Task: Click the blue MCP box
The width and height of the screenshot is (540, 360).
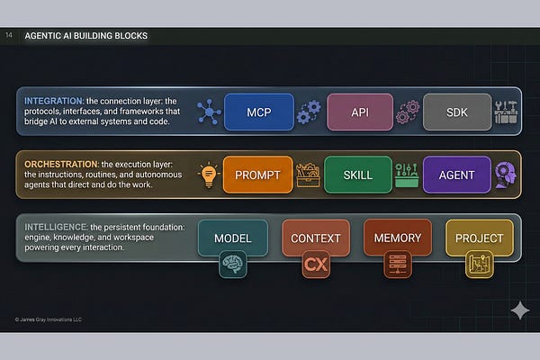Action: click(259, 112)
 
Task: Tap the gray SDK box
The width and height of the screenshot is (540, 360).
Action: click(457, 112)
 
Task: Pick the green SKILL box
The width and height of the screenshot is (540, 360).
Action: click(358, 175)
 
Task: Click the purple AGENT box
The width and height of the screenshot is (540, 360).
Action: click(457, 175)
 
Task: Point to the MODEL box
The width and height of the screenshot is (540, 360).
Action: click(232, 238)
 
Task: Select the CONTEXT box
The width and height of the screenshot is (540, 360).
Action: click(316, 238)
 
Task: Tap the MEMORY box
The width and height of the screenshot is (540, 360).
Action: click(397, 238)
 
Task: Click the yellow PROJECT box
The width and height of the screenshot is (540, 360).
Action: click(479, 238)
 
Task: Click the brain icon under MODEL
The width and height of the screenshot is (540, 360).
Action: click(232, 265)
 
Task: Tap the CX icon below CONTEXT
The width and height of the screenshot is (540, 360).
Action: click(316, 265)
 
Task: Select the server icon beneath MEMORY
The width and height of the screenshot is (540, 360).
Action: click(397, 265)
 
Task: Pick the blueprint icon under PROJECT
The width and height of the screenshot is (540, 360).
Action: click(479, 265)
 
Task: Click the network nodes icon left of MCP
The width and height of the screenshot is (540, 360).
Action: click(209, 112)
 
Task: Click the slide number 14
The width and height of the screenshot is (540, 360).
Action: click(9, 36)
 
